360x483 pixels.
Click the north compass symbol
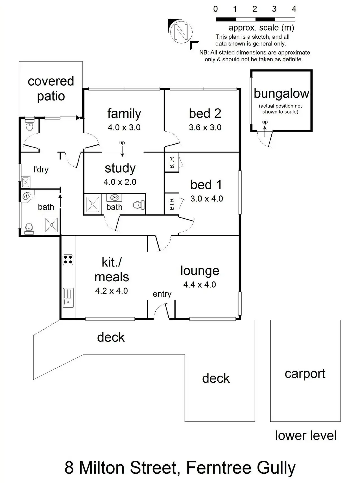click(x=181, y=32)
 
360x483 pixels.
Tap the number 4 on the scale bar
click(x=294, y=9)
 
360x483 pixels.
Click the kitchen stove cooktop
click(x=68, y=260)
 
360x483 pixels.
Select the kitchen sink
click(x=68, y=298)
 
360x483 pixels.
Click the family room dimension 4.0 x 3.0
click(x=124, y=127)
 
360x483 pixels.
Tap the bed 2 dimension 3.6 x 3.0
click(x=205, y=127)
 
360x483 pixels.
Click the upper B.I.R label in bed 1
click(x=172, y=163)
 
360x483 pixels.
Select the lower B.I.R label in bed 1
click(x=172, y=204)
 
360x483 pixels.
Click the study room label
click(x=120, y=168)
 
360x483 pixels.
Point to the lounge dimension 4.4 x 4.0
click(x=199, y=284)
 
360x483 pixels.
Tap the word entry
click(x=162, y=294)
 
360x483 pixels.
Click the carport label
click(x=305, y=374)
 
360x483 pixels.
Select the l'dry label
click(x=41, y=169)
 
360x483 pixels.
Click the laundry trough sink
click(x=26, y=182)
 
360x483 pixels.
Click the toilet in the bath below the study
click(x=138, y=204)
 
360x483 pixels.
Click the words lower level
click(x=306, y=435)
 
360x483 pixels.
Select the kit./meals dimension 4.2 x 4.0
click(x=112, y=291)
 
